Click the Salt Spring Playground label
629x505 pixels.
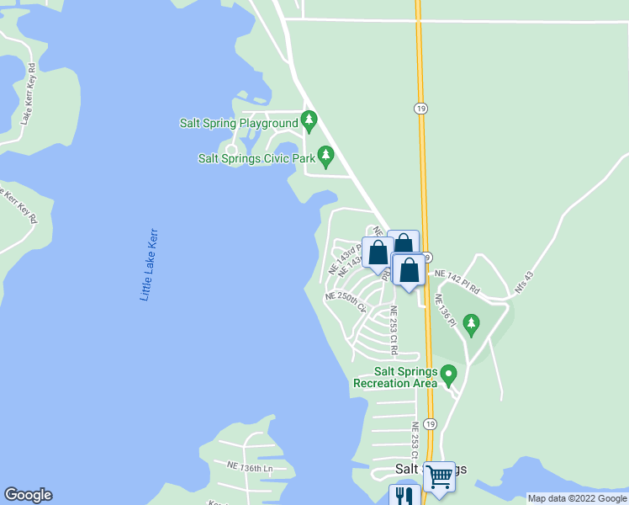point(240,123)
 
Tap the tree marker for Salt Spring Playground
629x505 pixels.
point(309,122)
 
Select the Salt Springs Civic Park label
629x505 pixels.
point(256,157)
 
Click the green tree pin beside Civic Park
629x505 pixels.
point(326,156)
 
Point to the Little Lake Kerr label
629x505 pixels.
point(149,264)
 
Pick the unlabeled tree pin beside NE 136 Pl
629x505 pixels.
point(472,323)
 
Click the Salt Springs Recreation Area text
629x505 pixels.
point(395,378)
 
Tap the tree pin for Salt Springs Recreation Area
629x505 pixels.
point(449,374)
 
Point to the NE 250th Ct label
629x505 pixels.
point(346,300)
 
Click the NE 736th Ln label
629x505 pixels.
point(250,465)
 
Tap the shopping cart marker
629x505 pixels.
point(439,476)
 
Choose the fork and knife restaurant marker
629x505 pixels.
point(404,497)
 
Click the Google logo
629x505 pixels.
point(28,495)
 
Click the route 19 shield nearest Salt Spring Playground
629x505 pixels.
point(419,109)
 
